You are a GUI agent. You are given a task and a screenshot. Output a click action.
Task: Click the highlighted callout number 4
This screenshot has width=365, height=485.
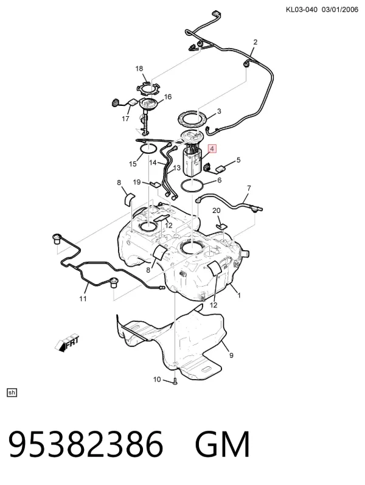point(212,149)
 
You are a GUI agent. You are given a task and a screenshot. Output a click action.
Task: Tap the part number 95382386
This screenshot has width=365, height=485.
point(86,444)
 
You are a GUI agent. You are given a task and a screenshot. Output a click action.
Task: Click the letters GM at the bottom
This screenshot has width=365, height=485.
point(222,444)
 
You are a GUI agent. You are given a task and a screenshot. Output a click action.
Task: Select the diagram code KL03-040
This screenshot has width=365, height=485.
point(302,10)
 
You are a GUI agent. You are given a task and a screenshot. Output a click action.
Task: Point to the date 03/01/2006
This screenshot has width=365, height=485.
point(339,10)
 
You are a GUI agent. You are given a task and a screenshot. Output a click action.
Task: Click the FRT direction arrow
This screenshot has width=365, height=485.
point(66,343)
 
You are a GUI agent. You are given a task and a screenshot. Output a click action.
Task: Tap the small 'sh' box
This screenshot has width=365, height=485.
point(12,393)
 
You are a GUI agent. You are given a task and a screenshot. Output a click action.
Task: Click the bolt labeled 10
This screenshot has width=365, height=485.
point(175,381)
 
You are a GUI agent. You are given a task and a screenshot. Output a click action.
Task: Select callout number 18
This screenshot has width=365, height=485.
point(139,68)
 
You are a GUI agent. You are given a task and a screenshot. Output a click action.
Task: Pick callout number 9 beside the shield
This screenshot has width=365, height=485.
point(231,356)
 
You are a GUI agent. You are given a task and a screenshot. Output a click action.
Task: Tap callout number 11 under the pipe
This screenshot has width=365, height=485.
point(83,299)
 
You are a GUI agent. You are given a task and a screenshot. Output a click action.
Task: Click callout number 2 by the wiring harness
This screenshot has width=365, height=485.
point(255,42)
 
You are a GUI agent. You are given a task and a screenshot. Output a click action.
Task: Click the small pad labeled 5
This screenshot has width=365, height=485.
point(221,169)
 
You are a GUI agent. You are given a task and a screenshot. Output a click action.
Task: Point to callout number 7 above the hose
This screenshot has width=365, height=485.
point(249,188)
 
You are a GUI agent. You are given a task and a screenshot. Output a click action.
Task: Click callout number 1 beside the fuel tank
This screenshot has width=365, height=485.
point(239,295)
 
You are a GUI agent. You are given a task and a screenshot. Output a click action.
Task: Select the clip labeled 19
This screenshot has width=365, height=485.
point(156,184)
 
